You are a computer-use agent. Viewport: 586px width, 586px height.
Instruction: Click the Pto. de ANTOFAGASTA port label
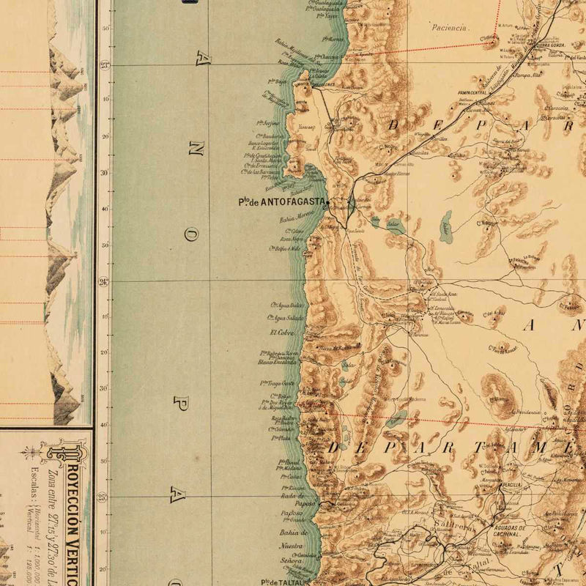282,203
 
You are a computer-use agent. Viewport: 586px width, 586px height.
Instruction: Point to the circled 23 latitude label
105,65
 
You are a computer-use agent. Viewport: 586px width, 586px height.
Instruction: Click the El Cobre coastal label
282,332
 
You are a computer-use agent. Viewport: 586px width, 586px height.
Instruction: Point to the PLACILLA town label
511,485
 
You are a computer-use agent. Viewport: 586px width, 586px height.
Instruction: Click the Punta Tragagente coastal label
278,383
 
